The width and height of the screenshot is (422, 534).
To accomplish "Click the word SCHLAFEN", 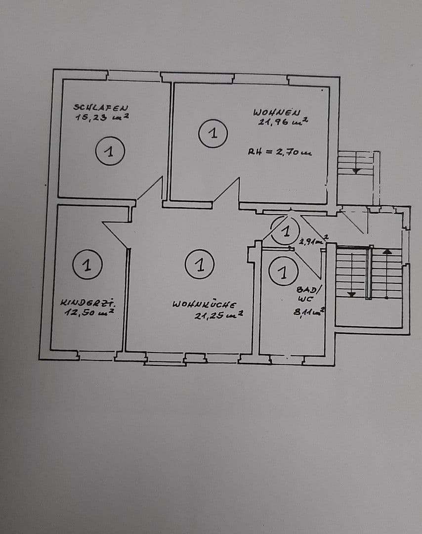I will tap(101, 107).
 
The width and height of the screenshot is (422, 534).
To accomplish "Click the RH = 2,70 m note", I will tap(280, 153).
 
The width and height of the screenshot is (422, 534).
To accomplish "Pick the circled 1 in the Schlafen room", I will tap(110, 151).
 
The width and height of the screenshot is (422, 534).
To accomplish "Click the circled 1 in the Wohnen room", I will tap(213, 133).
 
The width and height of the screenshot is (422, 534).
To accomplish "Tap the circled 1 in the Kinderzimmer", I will tap(87, 265).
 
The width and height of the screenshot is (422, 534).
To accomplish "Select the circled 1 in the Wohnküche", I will tap(200, 265).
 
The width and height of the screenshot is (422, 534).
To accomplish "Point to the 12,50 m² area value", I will tap(89, 312).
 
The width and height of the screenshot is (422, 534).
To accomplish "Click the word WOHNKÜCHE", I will tap(204, 305).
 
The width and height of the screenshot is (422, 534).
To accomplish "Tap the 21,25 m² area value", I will tap(218, 315).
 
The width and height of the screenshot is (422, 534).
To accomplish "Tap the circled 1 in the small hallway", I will tap(285, 231).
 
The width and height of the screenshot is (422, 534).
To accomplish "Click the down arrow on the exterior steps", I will tap(356, 171).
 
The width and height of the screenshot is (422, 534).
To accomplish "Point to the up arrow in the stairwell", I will tap(387, 252).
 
